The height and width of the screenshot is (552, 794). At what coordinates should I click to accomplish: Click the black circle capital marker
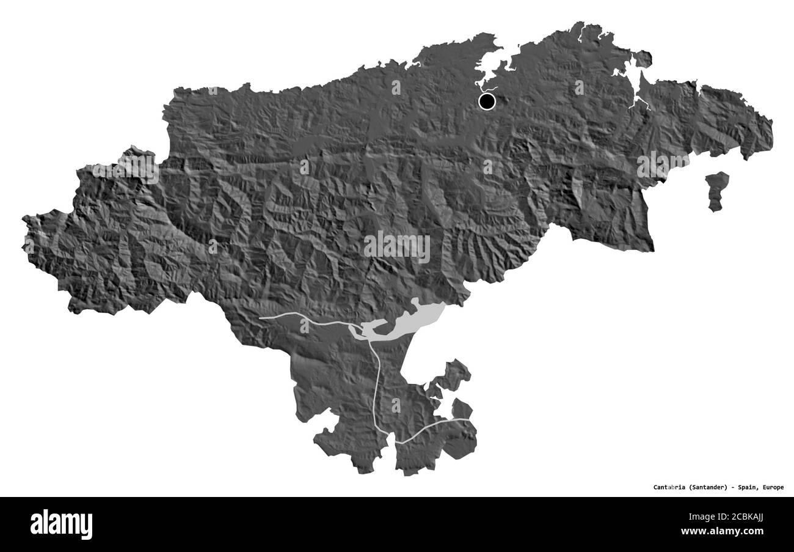(487, 101)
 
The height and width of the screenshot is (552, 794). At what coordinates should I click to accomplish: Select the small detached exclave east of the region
(716, 191)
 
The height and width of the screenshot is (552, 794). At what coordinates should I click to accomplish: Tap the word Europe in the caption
(773, 487)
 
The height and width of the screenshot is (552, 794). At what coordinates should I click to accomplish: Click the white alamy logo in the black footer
(61, 524)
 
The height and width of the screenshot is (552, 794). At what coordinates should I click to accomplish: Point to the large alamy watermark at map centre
(397, 247)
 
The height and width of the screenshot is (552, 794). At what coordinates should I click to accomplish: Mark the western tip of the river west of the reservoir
(261, 318)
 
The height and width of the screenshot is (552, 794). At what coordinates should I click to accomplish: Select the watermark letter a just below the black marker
(487, 166)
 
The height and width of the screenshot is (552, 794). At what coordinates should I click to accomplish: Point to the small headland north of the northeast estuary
(641, 59)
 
